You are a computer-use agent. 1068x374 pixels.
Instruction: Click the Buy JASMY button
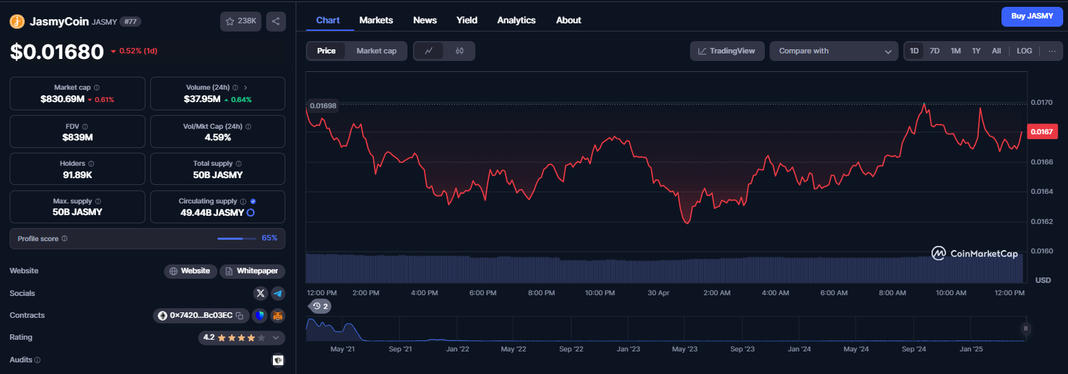coord(1032,16)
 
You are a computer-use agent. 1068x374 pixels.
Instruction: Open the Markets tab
coord(376,21)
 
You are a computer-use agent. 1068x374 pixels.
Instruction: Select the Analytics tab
coord(516,21)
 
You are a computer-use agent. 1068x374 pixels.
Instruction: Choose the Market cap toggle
coord(376,51)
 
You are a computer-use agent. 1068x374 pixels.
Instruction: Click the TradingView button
coord(726,51)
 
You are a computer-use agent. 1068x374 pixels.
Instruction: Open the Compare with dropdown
coord(833,51)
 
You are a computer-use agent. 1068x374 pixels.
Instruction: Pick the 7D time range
coord(934,51)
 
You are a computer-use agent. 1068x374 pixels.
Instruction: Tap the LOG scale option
coord(1024,51)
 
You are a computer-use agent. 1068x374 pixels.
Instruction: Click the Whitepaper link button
coord(252,271)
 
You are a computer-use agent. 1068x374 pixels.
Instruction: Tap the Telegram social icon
coord(278,294)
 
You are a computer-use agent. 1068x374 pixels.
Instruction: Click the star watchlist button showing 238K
coord(240,21)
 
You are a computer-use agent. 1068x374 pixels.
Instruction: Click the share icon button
coord(276,21)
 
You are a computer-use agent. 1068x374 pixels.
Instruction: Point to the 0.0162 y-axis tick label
coord(1042,221)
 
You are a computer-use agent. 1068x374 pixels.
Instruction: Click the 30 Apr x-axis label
coord(658,292)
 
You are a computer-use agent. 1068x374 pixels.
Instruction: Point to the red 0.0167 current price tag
coord(1042,132)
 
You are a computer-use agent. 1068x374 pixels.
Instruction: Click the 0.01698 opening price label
coord(323,105)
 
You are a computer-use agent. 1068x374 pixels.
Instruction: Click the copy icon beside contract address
coord(239,316)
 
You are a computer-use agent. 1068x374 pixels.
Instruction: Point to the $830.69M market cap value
coord(62,99)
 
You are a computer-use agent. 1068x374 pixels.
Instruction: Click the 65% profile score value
coord(270,238)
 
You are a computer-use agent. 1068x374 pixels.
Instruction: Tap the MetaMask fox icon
coord(278,316)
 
